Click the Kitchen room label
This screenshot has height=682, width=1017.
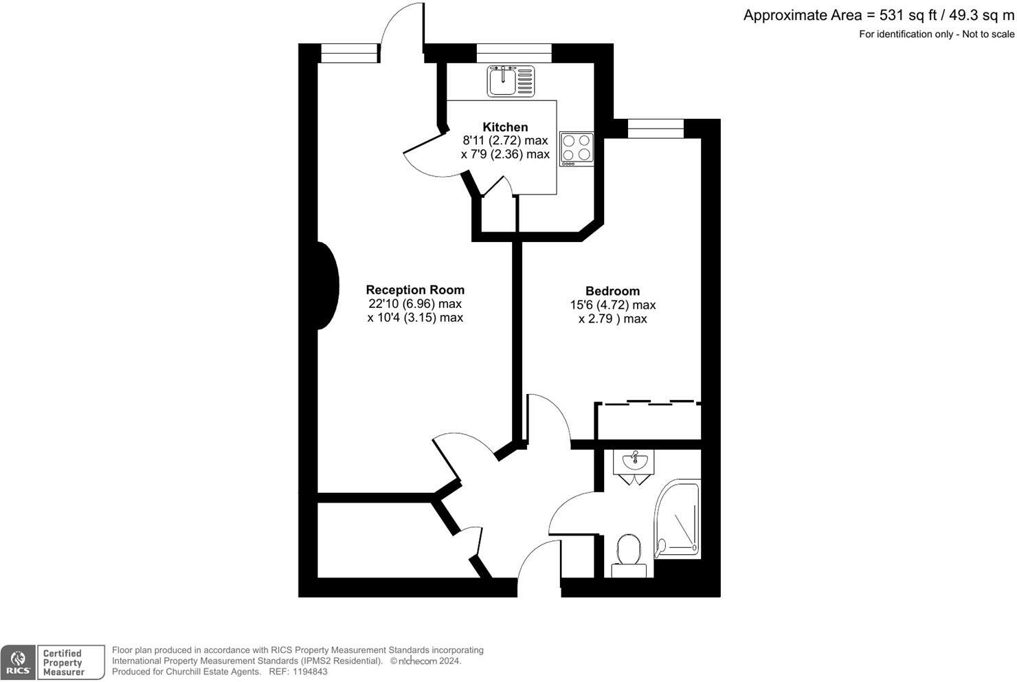505,127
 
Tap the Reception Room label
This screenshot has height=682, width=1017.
415,290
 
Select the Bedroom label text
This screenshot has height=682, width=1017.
612,291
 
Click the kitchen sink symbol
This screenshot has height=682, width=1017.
511,80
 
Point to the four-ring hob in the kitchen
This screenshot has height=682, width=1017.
577,148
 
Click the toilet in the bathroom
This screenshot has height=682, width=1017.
628,556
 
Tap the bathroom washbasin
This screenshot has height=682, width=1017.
634,462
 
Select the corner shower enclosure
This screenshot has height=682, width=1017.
678,519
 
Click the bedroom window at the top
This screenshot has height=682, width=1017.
656,129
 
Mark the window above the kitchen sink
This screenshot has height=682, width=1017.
513,53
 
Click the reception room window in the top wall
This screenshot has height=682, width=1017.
350,53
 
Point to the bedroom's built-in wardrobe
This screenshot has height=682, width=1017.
648,421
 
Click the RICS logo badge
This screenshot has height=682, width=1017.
19,663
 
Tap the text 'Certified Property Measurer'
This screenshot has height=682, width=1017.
63,663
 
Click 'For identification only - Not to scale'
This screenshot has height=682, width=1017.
936,34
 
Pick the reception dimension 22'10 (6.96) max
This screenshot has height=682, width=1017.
415,304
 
